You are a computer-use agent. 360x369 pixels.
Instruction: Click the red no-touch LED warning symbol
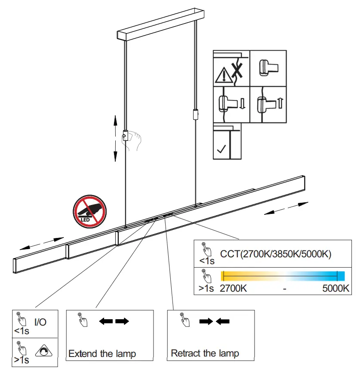(x=89, y=211)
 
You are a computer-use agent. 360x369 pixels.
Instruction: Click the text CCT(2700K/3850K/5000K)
(x=275, y=254)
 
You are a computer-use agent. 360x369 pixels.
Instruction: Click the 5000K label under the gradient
(x=335, y=289)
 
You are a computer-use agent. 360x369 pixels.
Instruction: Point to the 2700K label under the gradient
(x=234, y=289)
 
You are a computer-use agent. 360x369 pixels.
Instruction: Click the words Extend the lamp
(x=102, y=354)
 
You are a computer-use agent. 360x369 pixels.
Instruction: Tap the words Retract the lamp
(x=205, y=354)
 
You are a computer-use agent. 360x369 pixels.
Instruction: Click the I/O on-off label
(x=40, y=322)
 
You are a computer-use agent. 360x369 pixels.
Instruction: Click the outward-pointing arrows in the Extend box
(x=114, y=322)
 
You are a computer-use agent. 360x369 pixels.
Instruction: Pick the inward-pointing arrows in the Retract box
(x=214, y=322)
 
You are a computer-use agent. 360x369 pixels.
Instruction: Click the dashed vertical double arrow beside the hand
(x=115, y=138)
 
